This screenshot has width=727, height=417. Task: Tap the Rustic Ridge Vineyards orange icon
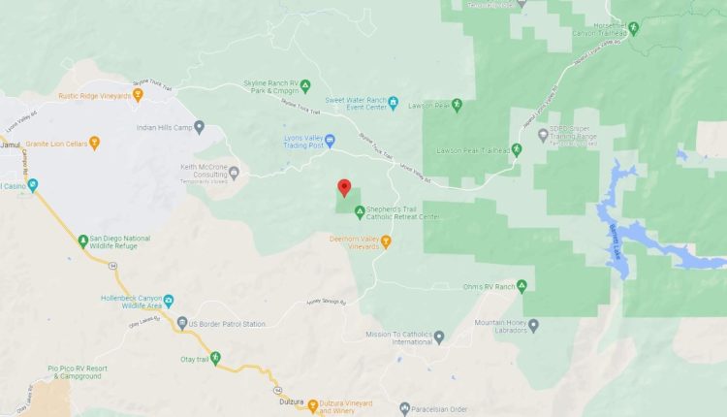click(139, 95)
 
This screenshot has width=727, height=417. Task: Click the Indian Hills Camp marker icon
click(200, 126)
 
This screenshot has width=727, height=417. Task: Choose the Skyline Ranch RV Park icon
click(305, 85)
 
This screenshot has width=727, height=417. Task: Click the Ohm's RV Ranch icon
click(522, 285)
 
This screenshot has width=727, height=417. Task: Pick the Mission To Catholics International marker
click(438, 337)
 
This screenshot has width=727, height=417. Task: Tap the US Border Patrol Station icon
click(182, 323)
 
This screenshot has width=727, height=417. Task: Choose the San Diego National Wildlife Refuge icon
click(83, 239)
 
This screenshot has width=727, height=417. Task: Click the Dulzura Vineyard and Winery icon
click(312, 404)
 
